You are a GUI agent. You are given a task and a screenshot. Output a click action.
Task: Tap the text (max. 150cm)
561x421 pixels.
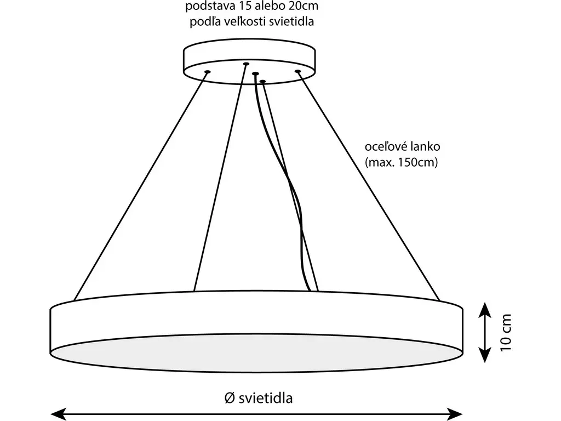point(401,163)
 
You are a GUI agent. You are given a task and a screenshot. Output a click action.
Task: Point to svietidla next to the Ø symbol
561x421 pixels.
point(266,398)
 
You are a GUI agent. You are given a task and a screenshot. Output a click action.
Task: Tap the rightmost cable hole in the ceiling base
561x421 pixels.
point(298,71)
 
